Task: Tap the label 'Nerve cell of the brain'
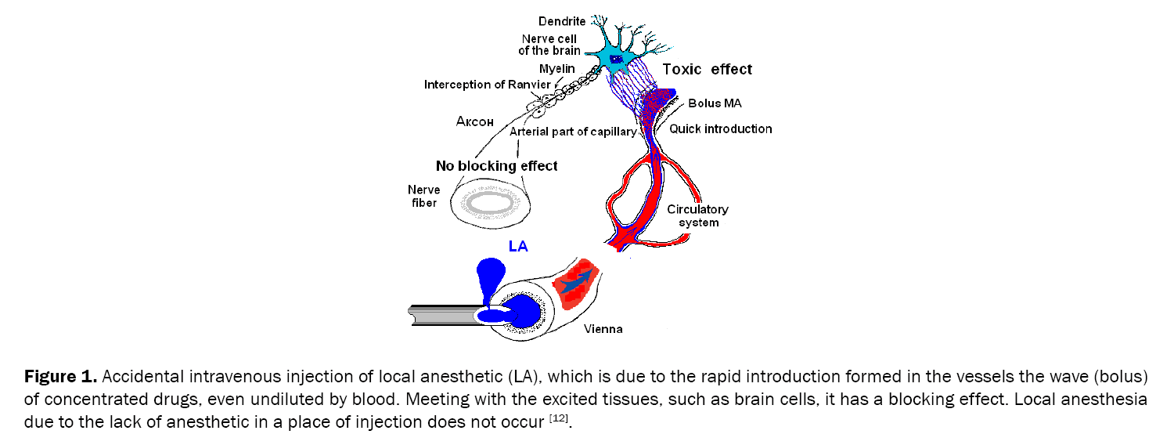(x=549, y=45)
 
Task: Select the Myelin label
(x=557, y=69)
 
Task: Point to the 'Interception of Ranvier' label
(x=488, y=84)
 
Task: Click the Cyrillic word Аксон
(x=475, y=121)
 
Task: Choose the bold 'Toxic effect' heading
(x=707, y=69)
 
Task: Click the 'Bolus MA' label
(x=715, y=103)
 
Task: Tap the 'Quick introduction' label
(x=720, y=128)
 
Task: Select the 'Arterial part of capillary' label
(x=573, y=132)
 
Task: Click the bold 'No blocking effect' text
(x=496, y=165)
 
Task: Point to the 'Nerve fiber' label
(x=423, y=197)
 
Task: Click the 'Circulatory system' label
(x=697, y=215)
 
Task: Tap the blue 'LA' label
(x=518, y=246)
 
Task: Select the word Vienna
(x=603, y=329)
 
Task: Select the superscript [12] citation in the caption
(x=557, y=419)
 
